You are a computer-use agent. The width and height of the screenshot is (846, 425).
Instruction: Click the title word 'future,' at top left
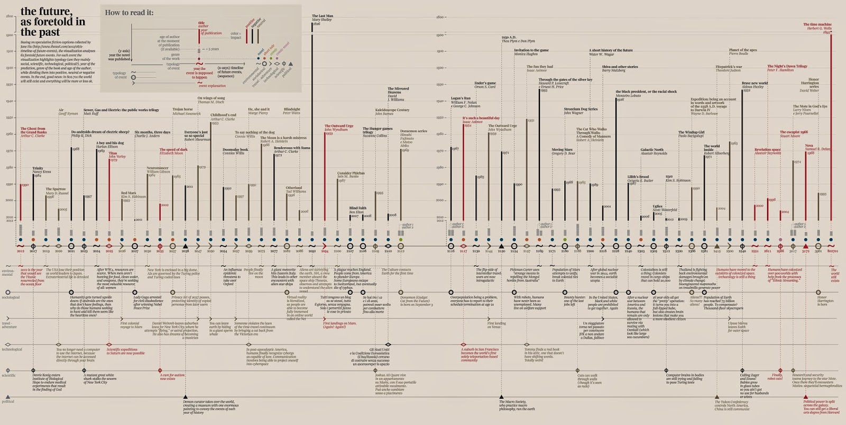point(58,11)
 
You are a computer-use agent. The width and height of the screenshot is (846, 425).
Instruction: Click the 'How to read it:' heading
point(129,13)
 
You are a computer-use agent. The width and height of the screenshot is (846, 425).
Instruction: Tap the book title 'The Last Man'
point(322,16)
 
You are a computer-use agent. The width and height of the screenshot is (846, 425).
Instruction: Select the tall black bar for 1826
point(312,122)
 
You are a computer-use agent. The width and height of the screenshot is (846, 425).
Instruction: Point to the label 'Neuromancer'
point(157,168)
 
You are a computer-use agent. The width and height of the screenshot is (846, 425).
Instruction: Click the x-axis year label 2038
point(185,251)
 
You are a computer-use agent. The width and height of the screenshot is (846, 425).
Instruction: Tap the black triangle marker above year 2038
point(185,246)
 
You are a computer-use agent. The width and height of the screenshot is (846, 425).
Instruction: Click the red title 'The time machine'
point(817,24)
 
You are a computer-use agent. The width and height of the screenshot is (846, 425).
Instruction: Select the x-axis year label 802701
point(832,251)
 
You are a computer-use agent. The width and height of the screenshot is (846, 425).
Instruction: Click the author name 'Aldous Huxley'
point(752,87)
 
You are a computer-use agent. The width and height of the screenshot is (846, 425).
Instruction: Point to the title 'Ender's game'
point(485,83)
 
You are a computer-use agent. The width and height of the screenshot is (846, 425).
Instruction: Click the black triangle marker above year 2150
point(502,246)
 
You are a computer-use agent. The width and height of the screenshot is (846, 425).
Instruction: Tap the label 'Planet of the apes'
point(742,50)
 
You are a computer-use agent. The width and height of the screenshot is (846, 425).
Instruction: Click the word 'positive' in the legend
point(250,23)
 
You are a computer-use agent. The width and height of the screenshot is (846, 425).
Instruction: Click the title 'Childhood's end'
point(223,115)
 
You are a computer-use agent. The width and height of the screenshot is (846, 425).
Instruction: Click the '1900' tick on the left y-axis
point(10,35)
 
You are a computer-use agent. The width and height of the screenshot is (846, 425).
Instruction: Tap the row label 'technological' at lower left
point(12,349)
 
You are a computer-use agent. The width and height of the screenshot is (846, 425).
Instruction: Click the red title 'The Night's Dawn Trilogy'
point(787,66)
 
